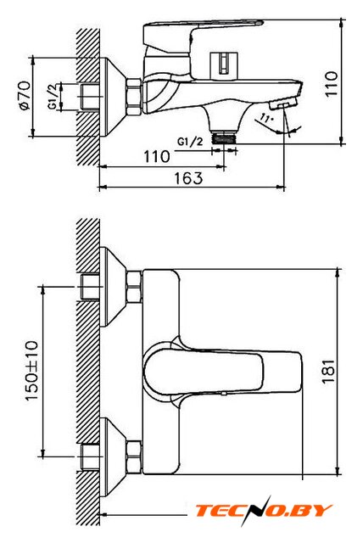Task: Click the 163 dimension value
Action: coord(188,178)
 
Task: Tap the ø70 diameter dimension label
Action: coord(25,96)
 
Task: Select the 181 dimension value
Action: coord(329,372)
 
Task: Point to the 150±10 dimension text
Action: coord(31,371)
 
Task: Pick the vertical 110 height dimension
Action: coord(331,84)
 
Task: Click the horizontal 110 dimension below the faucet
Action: coord(157,156)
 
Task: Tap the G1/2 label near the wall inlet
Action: coord(53,97)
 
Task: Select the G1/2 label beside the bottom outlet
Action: coord(190,141)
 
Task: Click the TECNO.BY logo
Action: coord(264,511)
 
